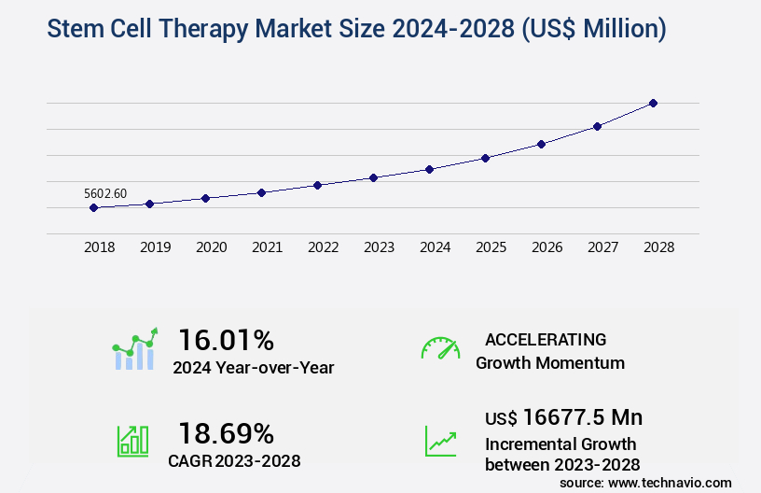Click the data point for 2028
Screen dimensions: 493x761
tap(653, 103)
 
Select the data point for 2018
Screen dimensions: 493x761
tap(93, 207)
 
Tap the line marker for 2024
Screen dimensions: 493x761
tap(429, 169)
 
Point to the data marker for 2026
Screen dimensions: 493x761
tap(541, 144)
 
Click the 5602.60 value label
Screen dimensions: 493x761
tap(105, 193)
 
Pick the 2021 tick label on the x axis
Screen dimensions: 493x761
tap(267, 247)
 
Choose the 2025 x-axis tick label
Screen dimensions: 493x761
tap(491, 247)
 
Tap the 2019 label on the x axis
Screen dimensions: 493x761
tap(155, 247)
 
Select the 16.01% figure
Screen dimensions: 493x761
tap(226, 339)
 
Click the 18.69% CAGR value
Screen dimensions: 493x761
tap(226, 433)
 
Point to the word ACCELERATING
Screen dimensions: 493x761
tap(546, 339)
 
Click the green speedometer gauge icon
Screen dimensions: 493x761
tap(440, 348)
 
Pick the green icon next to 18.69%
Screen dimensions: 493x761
tap(132, 441)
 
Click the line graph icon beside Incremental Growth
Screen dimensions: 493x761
tap(440, 441)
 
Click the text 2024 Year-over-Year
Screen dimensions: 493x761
tap(253, 367)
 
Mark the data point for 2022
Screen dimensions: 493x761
tap(317, 185)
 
